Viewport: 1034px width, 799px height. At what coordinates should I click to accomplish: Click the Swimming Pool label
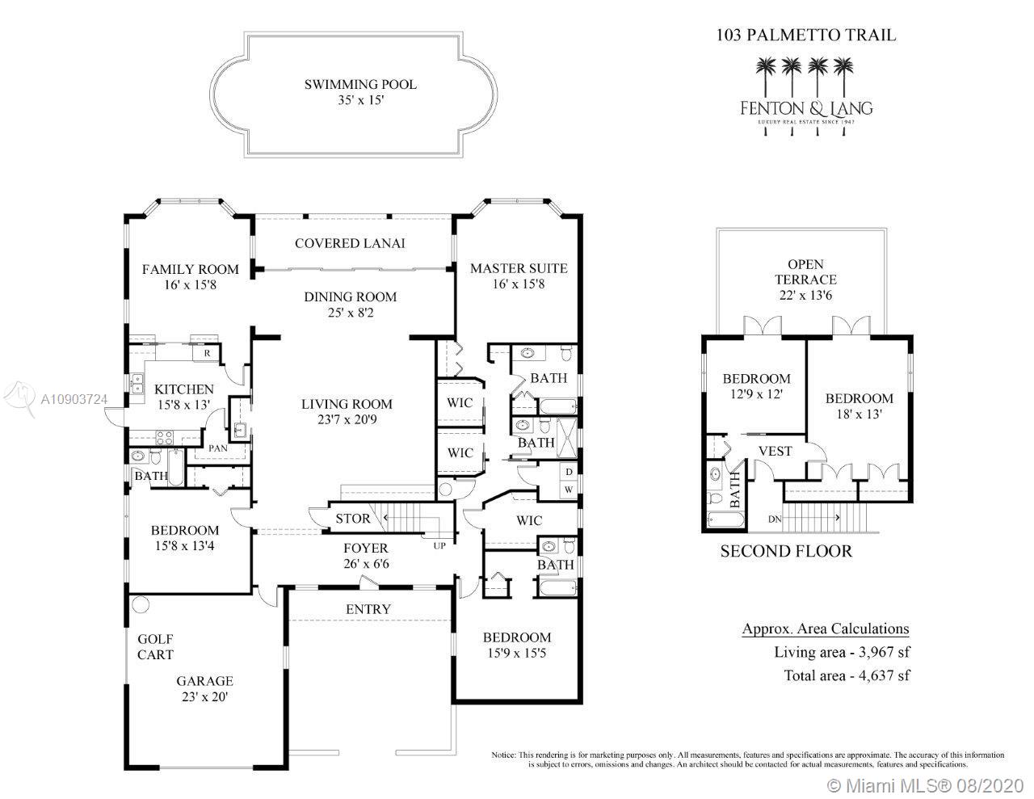[360, 84]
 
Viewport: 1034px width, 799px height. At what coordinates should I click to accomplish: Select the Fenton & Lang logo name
[806, 107]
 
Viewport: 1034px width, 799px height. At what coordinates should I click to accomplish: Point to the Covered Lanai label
[350, 243]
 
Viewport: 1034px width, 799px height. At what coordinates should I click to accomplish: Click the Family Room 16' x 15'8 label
[191, 276]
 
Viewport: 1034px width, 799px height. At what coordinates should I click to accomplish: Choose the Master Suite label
[519, 268]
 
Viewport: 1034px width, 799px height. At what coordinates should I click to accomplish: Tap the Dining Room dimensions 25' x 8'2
[350, 313]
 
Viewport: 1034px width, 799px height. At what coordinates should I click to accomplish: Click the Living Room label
[347, 404]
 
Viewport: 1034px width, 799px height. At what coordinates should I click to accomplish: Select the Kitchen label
[184, 389]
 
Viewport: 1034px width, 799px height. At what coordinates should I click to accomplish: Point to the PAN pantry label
[217, 448]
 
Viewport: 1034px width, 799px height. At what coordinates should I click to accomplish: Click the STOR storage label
[353, 519]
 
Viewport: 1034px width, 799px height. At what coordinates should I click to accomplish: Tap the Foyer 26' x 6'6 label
[366, 556]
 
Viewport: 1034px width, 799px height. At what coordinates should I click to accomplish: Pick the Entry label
[368, 609]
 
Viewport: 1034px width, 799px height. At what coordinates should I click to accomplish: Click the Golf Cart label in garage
[155, 646]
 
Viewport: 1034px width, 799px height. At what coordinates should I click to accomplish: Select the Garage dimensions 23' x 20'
[205, 696]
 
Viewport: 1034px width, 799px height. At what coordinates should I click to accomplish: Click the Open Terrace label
[805, 280]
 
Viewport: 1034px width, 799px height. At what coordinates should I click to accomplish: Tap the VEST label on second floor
[775, 451]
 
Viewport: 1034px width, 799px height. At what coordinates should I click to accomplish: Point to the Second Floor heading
[786, 551]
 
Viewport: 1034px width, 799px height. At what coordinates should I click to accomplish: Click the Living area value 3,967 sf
[882, 652]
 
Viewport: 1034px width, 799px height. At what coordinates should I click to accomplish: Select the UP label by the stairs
[439, 546]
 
